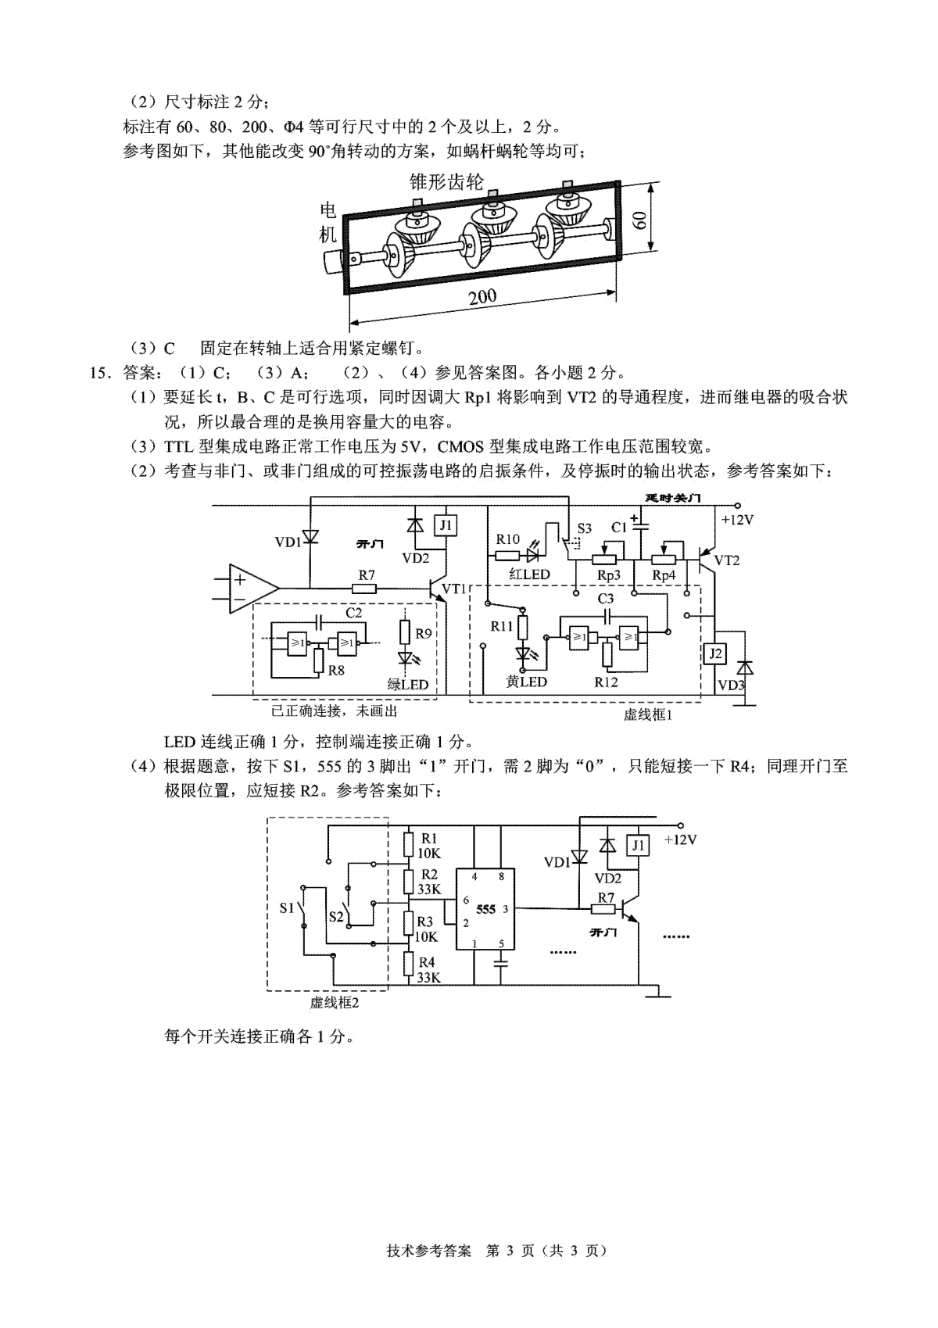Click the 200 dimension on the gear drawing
(482, 296)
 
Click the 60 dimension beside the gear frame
(639, 221)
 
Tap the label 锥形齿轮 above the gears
(446, 182)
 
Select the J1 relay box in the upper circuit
(446, 526)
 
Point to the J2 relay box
(715, 653)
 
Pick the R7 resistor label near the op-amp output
(367, 575)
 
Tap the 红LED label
(529, 574)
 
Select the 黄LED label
(526, 682)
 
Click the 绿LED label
(407, 684)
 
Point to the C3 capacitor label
(605, 598)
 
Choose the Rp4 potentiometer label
(664, 575)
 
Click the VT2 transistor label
(727, 560)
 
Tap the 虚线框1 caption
(647, 715)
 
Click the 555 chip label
(485, 909)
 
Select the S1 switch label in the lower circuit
(287, 907)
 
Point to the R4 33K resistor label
(428, 970)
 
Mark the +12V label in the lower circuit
(680, 839)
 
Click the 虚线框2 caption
(335, 1003)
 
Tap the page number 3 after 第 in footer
(510, 1251)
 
